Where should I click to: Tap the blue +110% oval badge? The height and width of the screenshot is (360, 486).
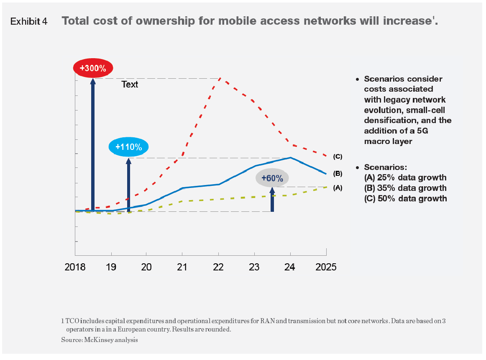click(128, 147)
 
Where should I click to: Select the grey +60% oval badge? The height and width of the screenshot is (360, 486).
click(272, 178)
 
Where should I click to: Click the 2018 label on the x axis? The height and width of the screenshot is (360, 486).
click(76, 267)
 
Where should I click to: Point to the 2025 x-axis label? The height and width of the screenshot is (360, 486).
click(326, 267)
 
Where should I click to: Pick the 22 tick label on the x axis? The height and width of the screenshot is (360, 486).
click(218, 267)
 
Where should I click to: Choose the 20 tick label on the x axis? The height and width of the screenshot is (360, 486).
click(146, 267)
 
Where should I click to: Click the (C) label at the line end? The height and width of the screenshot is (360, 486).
click(338, 157)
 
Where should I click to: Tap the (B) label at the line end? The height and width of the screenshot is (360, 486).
click(338, 173)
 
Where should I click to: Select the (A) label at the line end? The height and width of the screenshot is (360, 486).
click(338, 188)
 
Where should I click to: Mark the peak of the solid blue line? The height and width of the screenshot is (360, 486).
click(290, 158)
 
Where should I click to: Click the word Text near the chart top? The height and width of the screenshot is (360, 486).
click(130, 85)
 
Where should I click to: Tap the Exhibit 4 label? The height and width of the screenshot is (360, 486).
click(29, 22)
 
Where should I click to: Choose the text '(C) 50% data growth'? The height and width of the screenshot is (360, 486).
click(405, 198)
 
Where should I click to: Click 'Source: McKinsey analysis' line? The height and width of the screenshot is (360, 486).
click(100, 340)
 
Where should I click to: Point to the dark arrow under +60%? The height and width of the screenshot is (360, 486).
click(272, 203)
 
